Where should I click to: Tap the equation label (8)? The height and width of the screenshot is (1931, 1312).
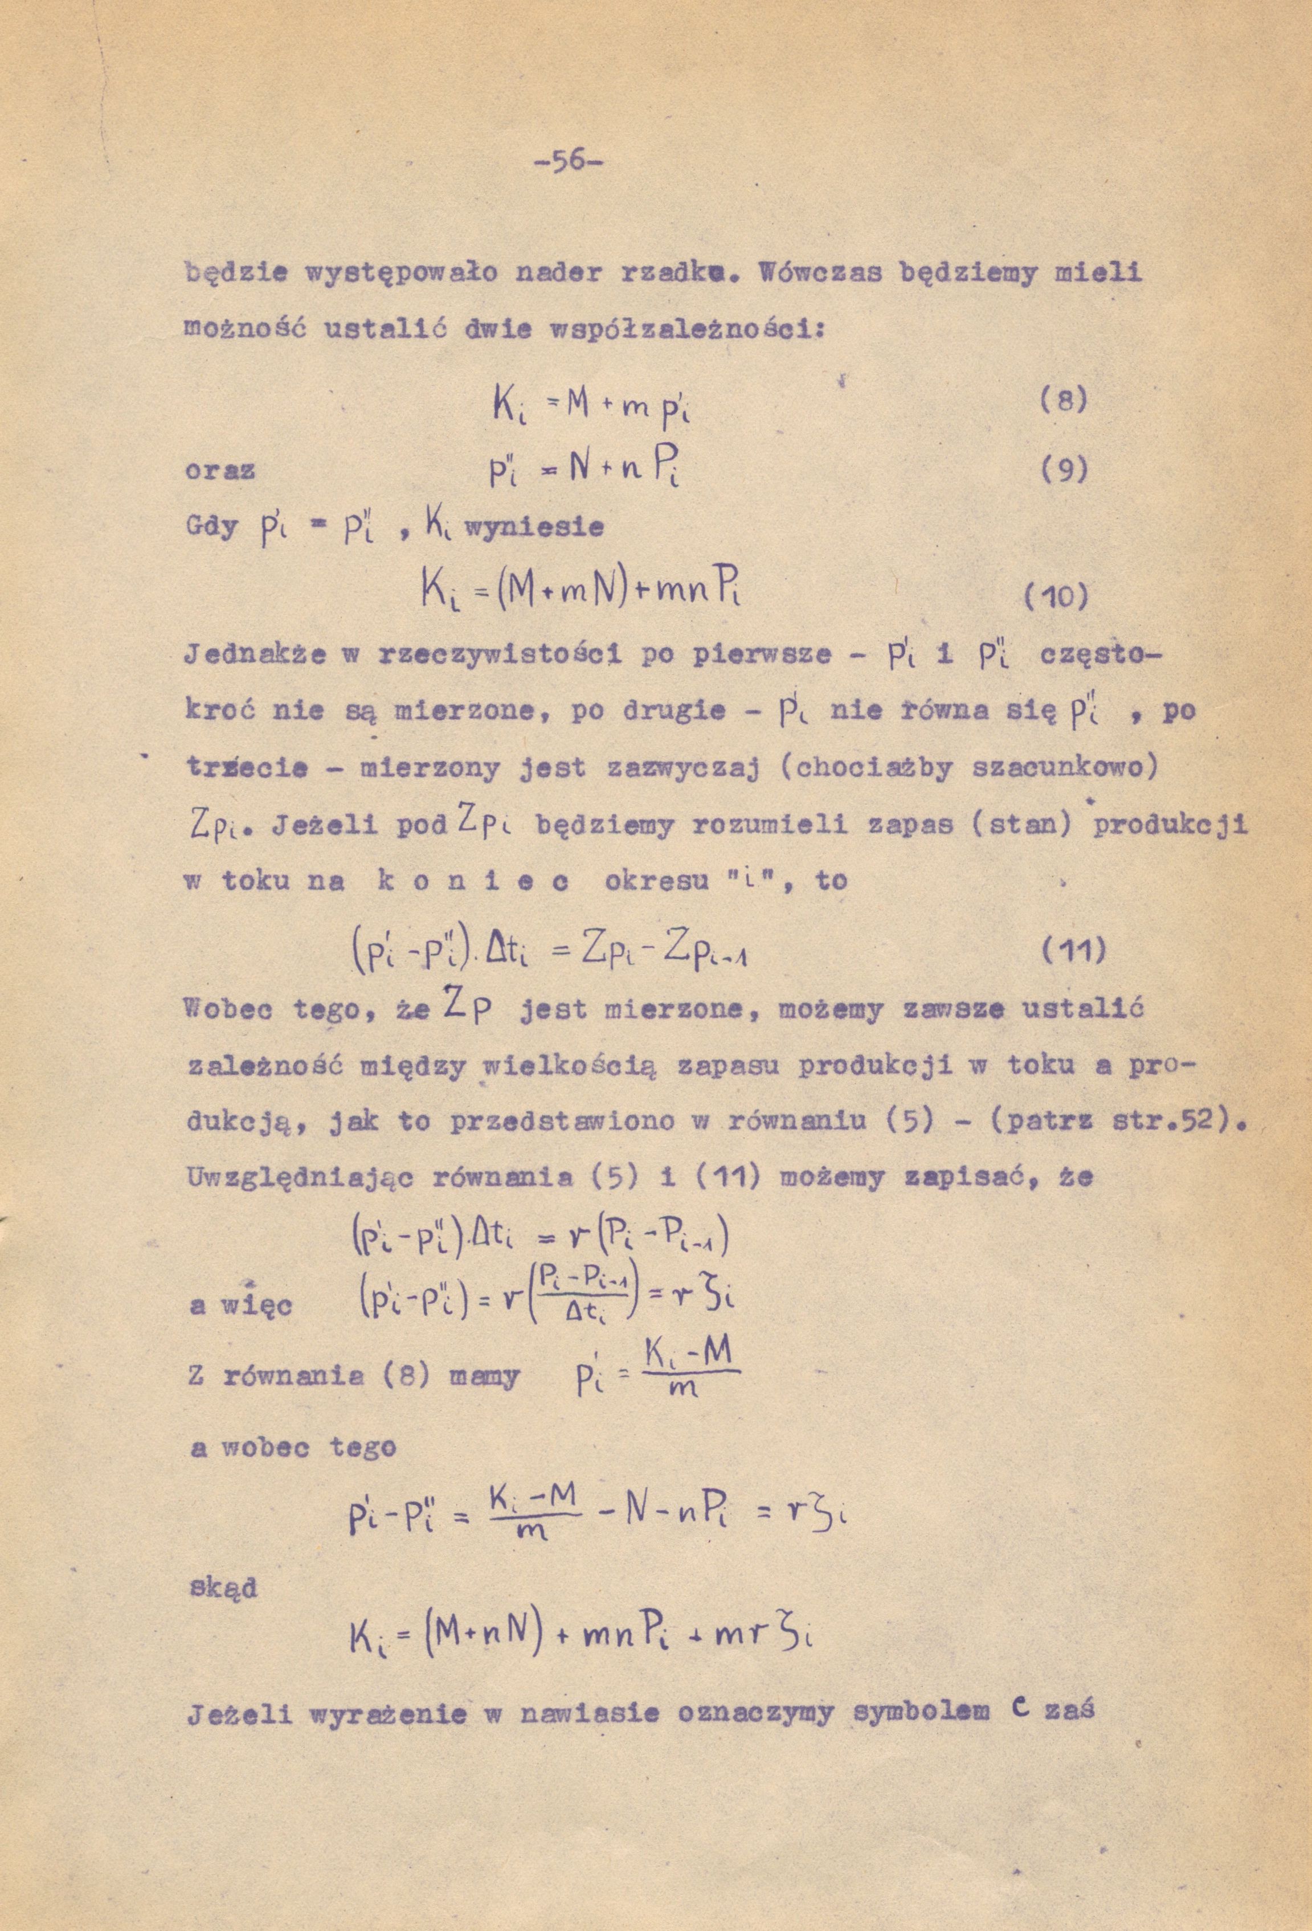coord(1062,402)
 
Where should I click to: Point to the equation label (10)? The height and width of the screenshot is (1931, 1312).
coord(1055,598)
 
